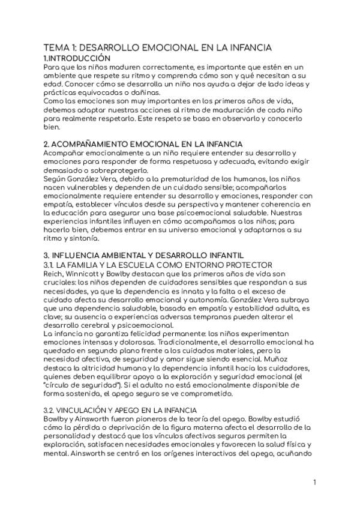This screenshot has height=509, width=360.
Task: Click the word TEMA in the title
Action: pos(56,47)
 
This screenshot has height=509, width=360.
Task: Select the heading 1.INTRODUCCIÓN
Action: pos(77,58)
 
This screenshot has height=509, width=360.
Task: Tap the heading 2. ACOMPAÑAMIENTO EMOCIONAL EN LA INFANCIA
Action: pos(143,145)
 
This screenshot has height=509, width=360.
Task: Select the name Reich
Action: pos(54,274)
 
